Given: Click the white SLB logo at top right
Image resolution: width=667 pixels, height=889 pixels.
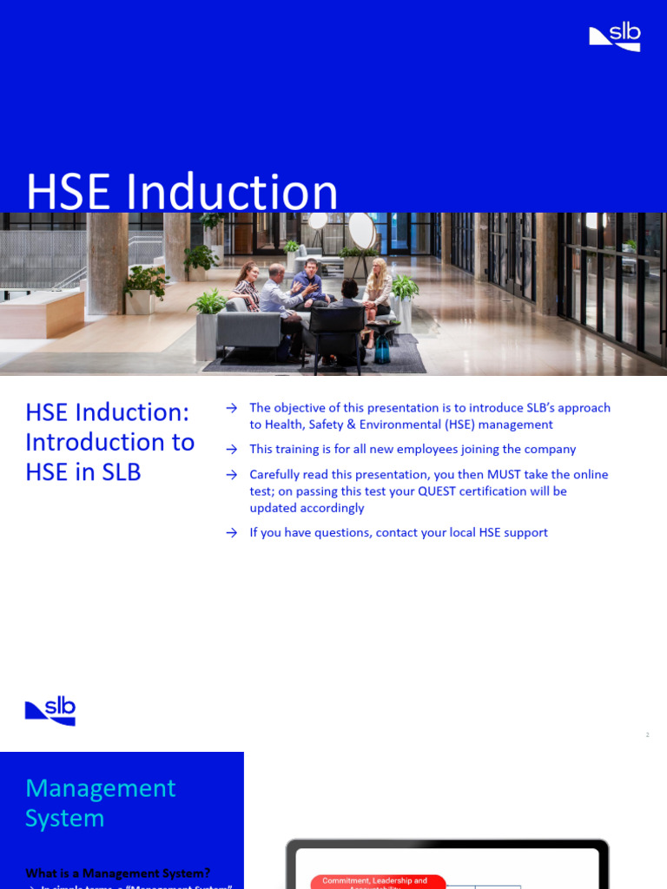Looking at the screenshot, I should point(615,36).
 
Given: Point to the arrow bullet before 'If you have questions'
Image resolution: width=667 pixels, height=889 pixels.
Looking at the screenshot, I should point(231,533).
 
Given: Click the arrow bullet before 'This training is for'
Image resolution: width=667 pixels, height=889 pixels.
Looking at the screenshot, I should point(231,450).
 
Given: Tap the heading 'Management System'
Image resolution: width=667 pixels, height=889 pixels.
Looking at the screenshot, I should point(100,803).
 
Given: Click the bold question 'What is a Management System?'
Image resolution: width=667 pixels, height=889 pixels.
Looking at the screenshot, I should point(117,873).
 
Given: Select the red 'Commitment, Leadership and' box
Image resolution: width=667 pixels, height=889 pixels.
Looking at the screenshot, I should point(378,881).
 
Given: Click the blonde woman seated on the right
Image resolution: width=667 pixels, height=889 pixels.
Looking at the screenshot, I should point(378,291).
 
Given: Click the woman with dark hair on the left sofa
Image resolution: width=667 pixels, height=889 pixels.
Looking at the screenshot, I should point(248,286).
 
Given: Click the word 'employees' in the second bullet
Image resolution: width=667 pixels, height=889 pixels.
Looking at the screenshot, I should point(412,450).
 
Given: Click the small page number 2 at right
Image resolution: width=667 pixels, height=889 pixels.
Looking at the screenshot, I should point(647,735).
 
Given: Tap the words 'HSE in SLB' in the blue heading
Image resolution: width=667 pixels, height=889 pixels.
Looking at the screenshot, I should point(83,472).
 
